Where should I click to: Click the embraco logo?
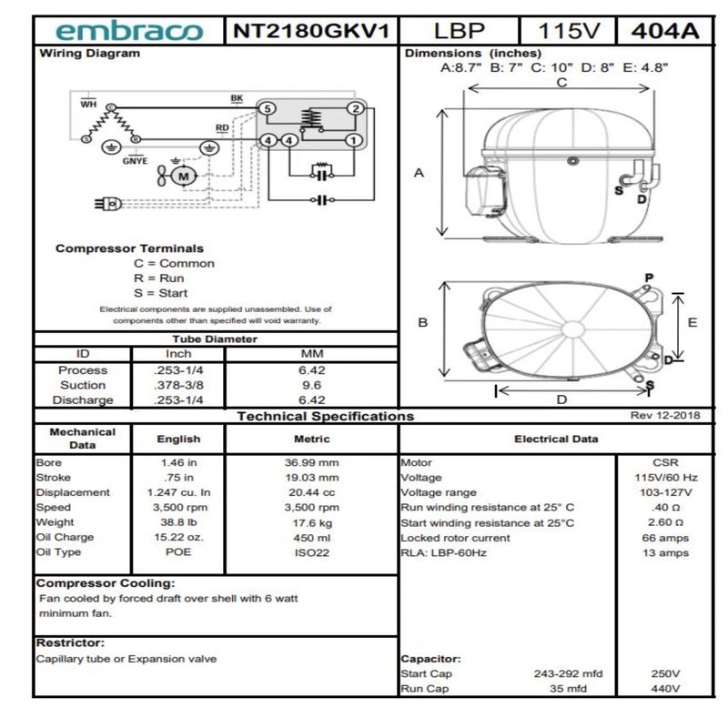point(128,31)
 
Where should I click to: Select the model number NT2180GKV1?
point(310,31)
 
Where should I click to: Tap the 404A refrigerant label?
point(664,31)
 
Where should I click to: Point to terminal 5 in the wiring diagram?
point(267,109)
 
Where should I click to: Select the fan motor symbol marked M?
point(183,175)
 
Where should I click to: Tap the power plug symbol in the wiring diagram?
point(109,204)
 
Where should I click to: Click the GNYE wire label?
point(135,161)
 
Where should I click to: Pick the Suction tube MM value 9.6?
point(311,385)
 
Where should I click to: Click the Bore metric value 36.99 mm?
point(311,462)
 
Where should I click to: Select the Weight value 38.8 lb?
point(178,522)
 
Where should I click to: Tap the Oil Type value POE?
point(178,552)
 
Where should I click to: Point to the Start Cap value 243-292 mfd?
point(569,673)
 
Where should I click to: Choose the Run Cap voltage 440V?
point(665,689)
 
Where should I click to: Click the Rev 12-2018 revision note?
point(664,416)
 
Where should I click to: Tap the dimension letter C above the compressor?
point(561,82)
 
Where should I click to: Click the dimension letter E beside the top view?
point(692,322)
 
